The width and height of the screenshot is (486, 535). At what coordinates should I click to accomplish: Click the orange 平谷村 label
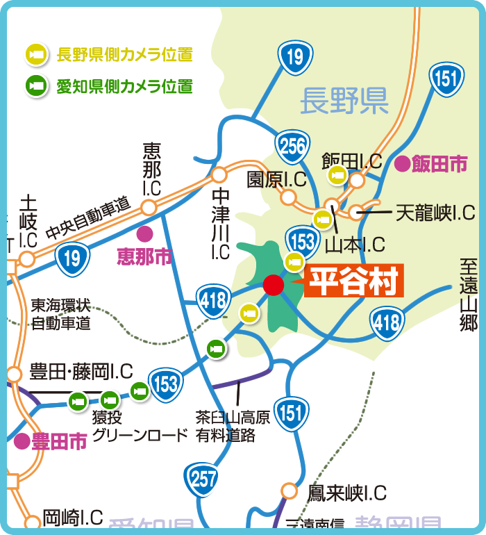pos(353,282)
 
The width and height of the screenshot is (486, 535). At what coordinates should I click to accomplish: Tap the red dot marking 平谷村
pos(274,284)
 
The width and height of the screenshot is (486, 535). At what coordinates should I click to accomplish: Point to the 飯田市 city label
pos(439,164)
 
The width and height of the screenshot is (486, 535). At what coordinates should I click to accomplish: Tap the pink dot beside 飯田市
pos(401,164)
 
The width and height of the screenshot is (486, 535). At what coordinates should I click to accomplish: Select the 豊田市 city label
pos(58,441)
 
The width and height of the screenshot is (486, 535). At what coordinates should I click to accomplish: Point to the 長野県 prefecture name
pos(344,102)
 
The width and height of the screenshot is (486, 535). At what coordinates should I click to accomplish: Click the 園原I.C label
pos(277,179)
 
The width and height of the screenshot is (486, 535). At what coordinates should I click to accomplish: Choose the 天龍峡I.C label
pos(435,213)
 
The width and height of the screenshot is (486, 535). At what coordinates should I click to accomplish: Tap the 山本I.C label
pos(355,244)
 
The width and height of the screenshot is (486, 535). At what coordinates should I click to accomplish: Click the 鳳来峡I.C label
pos(346,493)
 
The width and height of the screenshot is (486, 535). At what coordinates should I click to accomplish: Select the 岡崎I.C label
pos(72,518)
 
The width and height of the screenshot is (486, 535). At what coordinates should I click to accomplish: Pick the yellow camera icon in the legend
pos(35,53)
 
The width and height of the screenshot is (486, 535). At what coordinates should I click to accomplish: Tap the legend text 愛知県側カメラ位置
pos(124,86)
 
